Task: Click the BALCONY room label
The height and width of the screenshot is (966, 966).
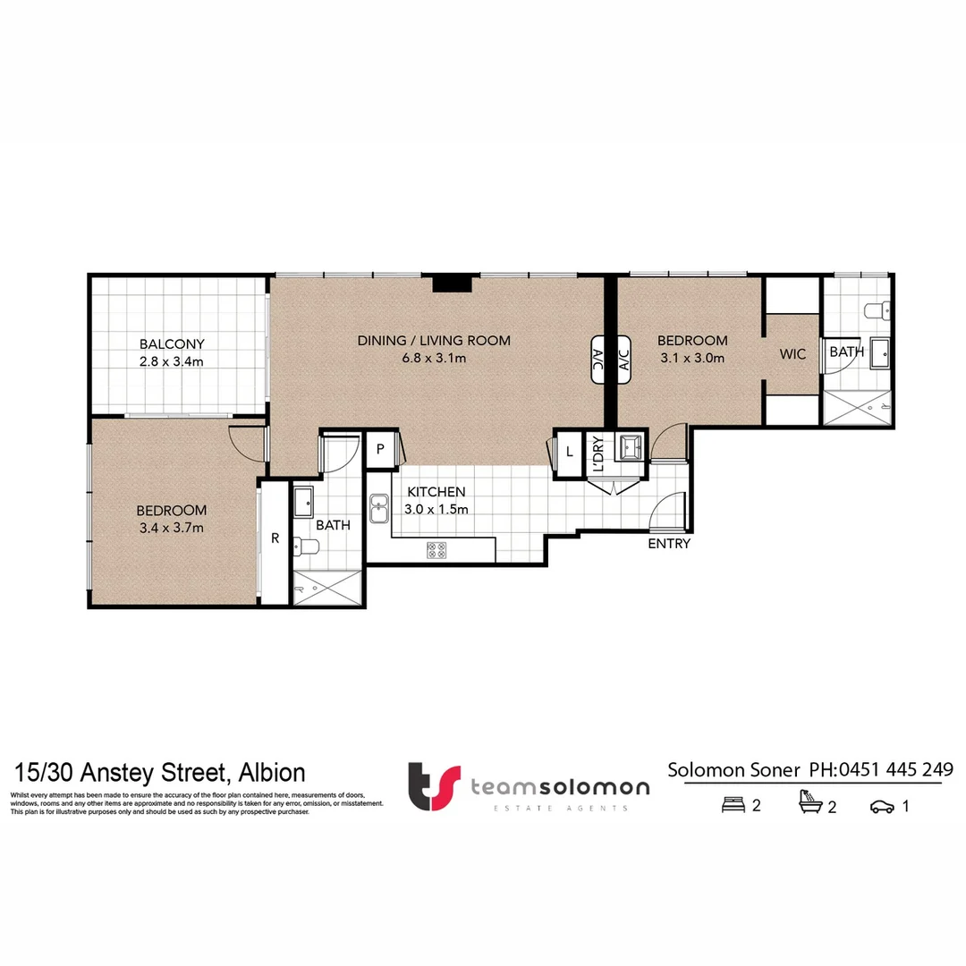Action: (172, 343)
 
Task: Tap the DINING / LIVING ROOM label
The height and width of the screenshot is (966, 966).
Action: (434, 340)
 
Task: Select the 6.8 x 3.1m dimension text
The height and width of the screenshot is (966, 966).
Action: (434, 358)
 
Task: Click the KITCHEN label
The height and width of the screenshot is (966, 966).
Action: (436, 492)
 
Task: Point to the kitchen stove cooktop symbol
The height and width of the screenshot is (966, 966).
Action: (437, 551)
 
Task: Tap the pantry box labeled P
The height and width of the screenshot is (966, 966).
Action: (380, 450)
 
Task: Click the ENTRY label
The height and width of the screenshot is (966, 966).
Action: (669, 544)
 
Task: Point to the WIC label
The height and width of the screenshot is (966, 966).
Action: (792, 354)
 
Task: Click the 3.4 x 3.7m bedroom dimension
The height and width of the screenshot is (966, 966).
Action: (171, 528)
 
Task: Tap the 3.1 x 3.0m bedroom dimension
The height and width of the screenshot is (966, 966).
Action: (691, 358)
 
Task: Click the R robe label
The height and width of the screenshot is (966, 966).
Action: (275, 538)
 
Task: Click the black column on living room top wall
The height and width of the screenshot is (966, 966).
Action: (452, 284)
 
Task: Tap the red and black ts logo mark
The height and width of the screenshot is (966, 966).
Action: (434, 786)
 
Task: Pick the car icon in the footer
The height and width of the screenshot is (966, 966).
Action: (882, 807)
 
